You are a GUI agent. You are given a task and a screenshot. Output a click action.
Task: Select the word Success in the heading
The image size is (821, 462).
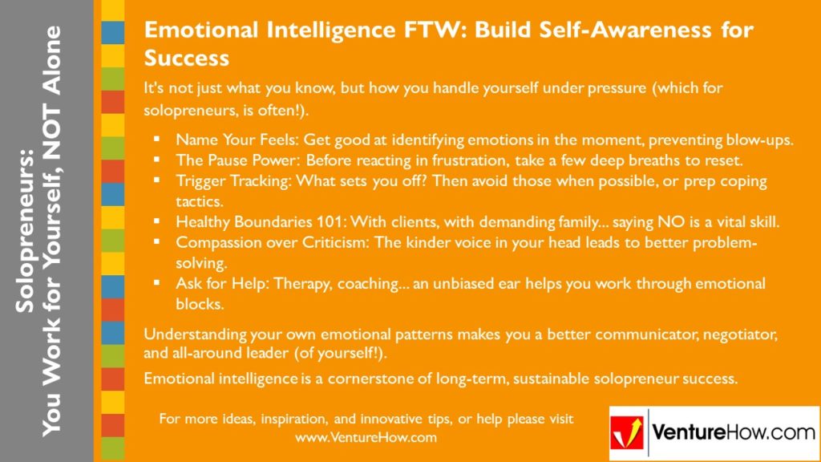point(186,58)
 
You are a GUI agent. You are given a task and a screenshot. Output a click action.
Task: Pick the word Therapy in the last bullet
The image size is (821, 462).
point(285,283)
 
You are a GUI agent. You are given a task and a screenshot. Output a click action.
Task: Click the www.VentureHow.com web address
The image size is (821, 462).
point(366,438)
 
